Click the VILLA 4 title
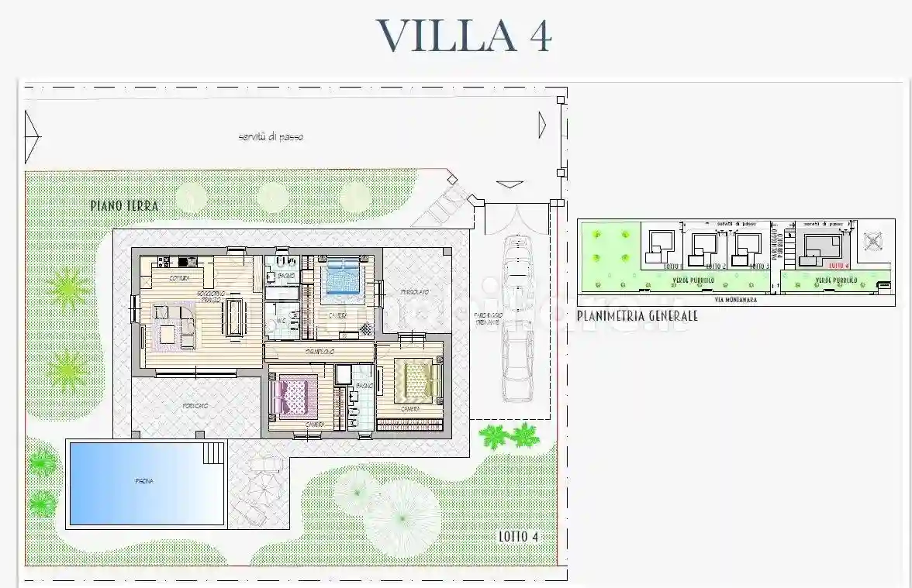pyautogui.click(x=463, y=36)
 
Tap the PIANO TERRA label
pyautogui.click(x=124, y=206)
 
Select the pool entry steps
pyautogui.click(x=214, y=452)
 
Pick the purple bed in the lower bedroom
pyautogui.click(x=295, y=396)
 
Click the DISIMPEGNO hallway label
pyautogui.click(x=319, y=352)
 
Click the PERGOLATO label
pyautogui.click(x=415, y=291)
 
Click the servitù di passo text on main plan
pyautogui.click(x=271, y=137)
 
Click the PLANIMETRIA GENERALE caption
pyautogui.click(x=637, y=316)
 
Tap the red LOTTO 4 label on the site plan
pyautogui.click(x=839, y=266)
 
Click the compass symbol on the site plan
pyautogui.click(x=873, y=239)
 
